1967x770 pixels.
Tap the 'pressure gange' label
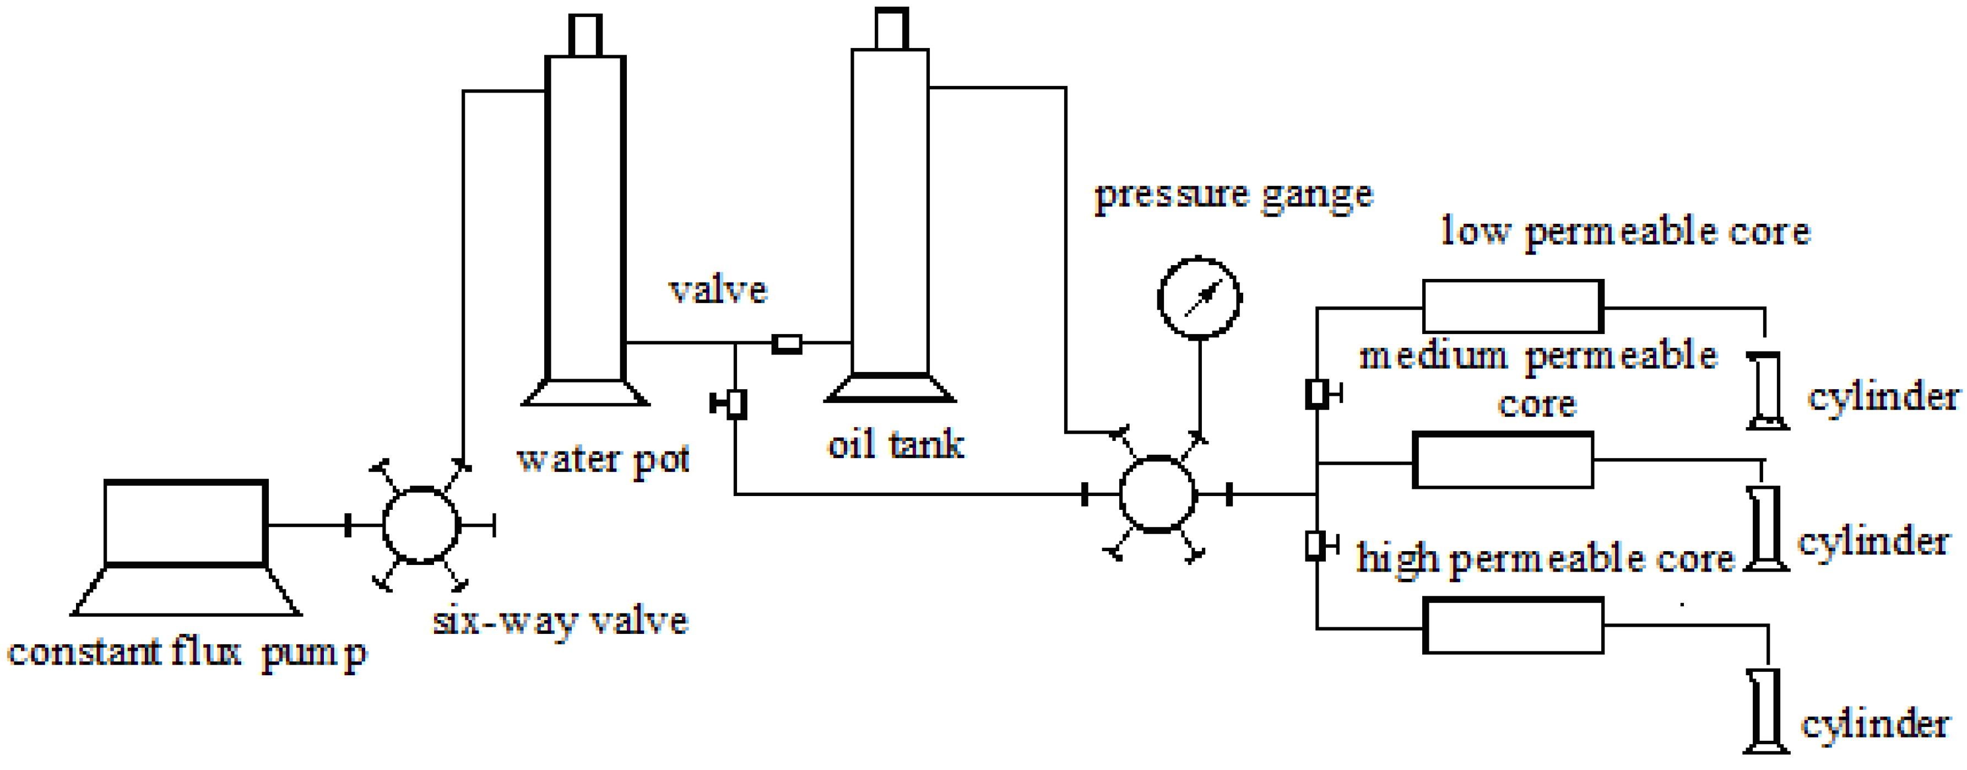point(1233,196)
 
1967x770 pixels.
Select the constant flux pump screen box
point(186,523)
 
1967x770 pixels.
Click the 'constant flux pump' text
point(187,653)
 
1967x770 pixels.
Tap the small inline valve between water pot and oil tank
point(787,344)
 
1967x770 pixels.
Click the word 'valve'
point(718,290)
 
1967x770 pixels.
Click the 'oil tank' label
point(896,445)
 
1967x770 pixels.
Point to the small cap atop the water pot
point(586,35)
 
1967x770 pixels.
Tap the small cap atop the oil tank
point(891,29)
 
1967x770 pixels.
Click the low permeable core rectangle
point(1512,306)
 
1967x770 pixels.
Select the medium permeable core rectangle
point(1503,460)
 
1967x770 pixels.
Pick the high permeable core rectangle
point(1513,626)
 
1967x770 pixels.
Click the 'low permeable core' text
point(1625,231)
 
